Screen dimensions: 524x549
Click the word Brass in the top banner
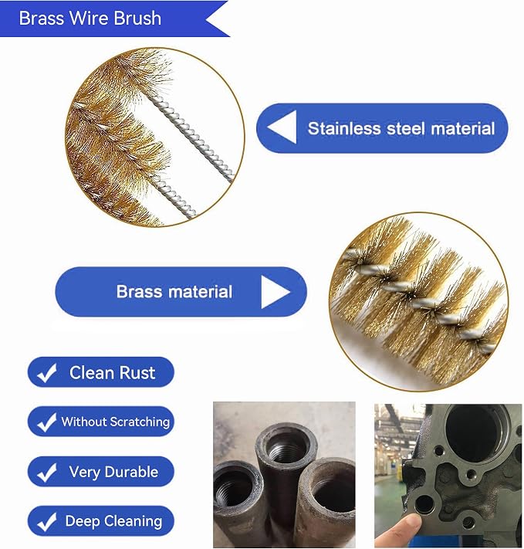[41, 18]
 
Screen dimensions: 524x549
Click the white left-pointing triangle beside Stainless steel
[282, 127]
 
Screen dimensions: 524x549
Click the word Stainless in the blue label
[343, 128]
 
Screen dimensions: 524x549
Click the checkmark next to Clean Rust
[47, 372]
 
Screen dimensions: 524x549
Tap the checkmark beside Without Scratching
[47, 422]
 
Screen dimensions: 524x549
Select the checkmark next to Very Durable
[47, 473]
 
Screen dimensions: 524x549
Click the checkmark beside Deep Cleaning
[47, 522]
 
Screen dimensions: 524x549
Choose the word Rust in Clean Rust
[137, 372]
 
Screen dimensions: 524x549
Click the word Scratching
[140, 422]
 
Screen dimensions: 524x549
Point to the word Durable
[131, 472]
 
